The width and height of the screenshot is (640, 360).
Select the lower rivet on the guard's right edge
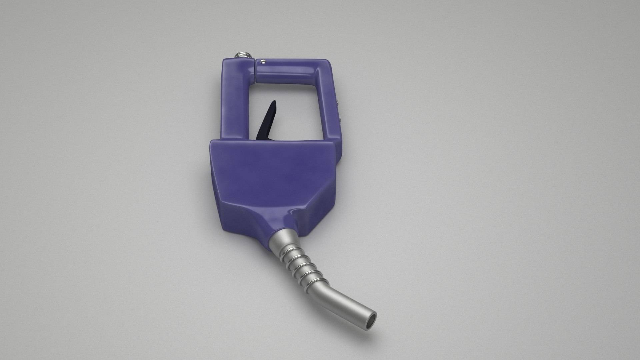(339, 119)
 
